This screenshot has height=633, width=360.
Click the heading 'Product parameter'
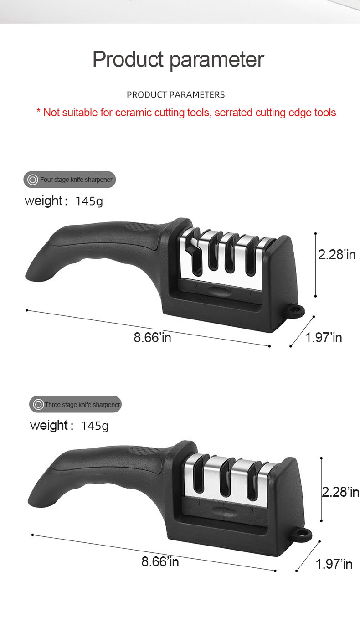[178, 60]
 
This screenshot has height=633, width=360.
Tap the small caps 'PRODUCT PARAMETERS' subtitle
[175, 95]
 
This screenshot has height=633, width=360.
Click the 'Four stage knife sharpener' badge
[70, 180]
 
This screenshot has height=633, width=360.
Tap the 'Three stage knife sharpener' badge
[76, 404]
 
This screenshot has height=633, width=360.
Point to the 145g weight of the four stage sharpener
[89, 201]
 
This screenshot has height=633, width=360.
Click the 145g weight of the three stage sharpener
[95, 426]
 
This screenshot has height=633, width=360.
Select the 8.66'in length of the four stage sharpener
[153, 338]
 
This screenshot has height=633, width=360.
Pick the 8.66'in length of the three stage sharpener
[160, 561]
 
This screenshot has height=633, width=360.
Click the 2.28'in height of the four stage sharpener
[337, 254]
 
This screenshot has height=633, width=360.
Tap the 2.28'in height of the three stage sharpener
[340, 492]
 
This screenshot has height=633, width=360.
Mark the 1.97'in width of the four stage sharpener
[324, 338]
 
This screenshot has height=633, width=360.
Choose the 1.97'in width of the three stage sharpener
[334, 564]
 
